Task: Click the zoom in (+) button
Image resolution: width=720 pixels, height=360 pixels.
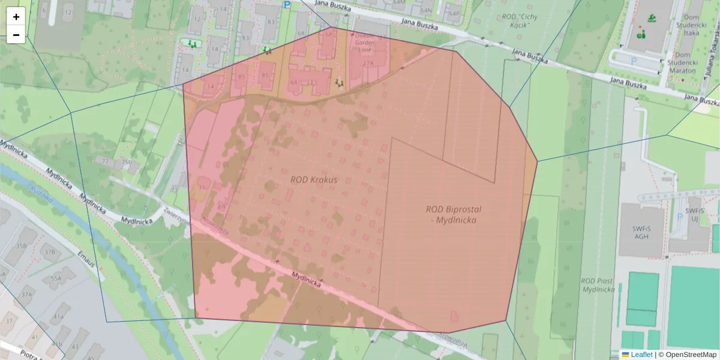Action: point(16,17)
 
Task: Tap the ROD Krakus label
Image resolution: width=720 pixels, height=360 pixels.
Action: point(314,179)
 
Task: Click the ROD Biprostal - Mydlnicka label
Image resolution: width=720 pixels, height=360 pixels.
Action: point(454,215)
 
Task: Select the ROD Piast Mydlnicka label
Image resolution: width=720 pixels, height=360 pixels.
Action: point(598,285)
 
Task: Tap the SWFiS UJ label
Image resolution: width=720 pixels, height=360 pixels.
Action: point(694,215)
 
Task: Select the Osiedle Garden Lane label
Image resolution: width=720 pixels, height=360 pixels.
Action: point(365,43)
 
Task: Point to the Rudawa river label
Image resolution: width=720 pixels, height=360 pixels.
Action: point(41,197)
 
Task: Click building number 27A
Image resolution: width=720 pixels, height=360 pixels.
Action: point(368,62)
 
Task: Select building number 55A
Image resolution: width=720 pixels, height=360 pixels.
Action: point(56,279)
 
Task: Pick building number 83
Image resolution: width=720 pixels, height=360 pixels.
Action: point(271,22)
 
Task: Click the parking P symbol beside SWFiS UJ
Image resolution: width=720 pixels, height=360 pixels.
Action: point(679,217)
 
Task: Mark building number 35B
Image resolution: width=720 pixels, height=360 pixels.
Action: point(22,245)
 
